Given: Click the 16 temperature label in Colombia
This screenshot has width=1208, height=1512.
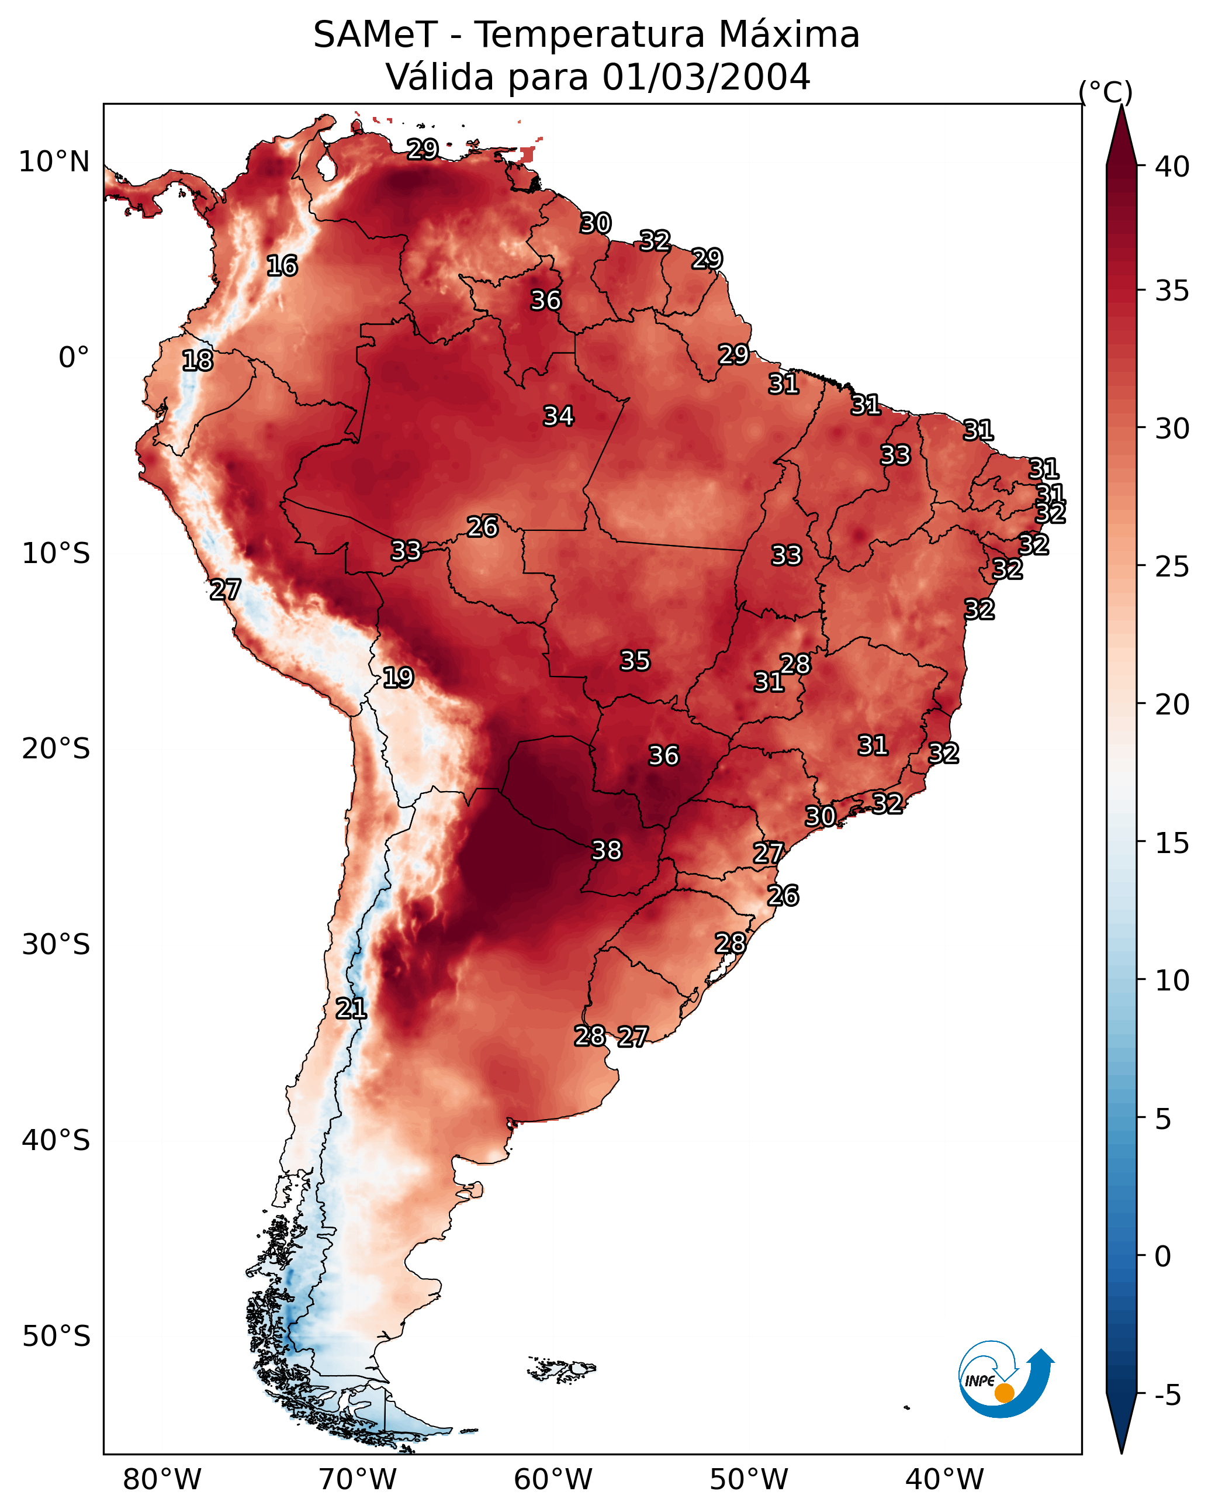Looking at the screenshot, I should click(x=282, y=266).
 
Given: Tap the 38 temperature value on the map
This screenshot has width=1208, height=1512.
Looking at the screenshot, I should click(x=607, y=850).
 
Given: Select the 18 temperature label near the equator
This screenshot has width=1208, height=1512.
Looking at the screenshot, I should click(x=197, y=361).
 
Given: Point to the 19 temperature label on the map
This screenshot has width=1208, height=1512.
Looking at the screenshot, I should click(x=397, y=678).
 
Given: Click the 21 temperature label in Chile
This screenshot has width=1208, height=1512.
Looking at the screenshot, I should click(x=351, y=1009).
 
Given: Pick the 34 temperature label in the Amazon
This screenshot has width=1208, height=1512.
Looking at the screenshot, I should click(x=558, y=416).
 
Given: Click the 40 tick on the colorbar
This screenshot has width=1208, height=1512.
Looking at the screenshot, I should click(x=1172, y=167).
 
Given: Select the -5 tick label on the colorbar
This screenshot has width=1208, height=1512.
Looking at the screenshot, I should click(x=1167, y=1396).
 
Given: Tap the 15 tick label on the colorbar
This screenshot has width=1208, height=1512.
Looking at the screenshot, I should click(x=1172, y=843).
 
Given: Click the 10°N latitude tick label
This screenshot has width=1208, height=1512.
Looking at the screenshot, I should click(x=54, y=162).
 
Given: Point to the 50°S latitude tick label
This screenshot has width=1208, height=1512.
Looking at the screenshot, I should click(x=56, y=1337).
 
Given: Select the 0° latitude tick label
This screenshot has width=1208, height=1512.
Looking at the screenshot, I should click(x=74, y=358).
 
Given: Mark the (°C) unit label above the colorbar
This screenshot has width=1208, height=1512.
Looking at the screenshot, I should click(x=1105, y=92).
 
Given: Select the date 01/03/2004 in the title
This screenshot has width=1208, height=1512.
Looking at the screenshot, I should click(x=706, y=77).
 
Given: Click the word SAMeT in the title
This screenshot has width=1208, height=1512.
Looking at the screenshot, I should click(x=375, y=35).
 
